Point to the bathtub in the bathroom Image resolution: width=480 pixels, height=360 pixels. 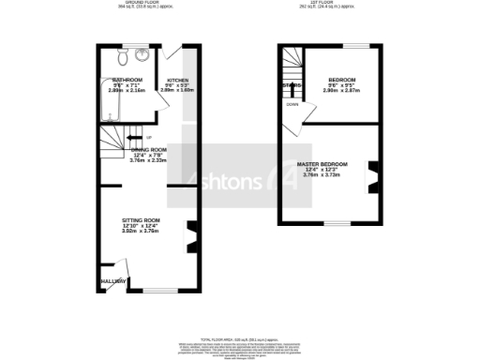pos(107,109)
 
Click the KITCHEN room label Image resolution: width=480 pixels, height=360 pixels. pos(178,81)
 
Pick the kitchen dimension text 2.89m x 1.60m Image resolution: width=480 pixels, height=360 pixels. pos(178,92)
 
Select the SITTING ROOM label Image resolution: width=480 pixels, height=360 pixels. pos(141,219)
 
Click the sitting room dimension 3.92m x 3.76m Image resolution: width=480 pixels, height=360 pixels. pos(141,231)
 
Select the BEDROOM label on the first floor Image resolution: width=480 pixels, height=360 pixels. pos(342,80)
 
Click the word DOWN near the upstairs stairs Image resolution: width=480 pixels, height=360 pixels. pos(292,105)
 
